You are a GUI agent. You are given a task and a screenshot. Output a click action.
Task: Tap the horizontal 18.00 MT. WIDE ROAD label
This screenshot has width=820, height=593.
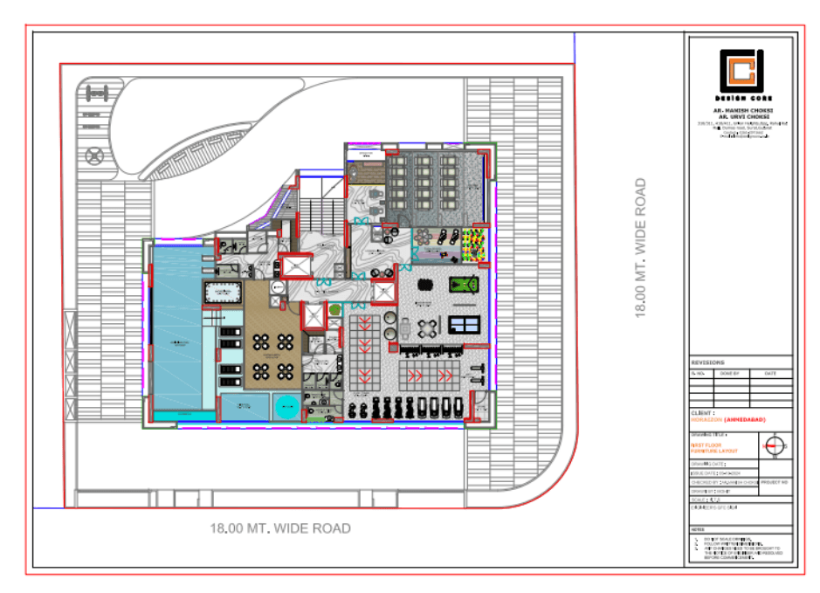[x=280, y=527]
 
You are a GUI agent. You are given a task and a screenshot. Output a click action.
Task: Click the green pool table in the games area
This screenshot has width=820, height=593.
[x=464, y=285]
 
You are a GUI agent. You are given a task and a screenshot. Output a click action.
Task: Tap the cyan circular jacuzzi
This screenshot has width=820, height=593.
[x=286, y=406]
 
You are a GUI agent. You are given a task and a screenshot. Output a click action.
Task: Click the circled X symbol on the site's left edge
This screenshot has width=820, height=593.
[x=93, y=156]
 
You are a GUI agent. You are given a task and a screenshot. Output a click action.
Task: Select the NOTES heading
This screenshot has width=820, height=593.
[x=697, y=529]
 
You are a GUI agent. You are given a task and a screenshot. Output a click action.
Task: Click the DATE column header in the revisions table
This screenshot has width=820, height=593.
[x=769, y=373]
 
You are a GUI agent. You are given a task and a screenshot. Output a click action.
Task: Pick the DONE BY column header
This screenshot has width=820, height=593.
[x=729, y=373]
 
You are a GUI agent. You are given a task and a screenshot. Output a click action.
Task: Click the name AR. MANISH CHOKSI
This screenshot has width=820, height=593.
[x=741, y=111]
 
